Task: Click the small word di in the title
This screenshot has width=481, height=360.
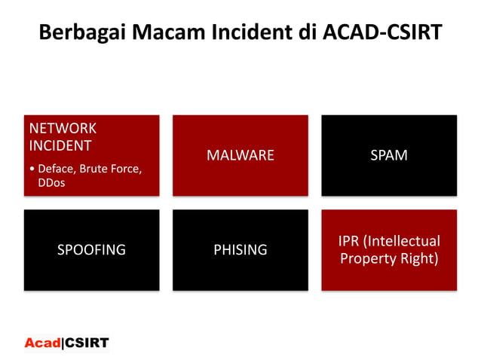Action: pyautogui.click(x=305, y=34)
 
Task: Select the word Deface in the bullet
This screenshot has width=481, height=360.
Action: pyautogui.click(x=55, y=169)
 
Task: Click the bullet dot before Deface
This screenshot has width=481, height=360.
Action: pyautogui.click(x=31, y=169)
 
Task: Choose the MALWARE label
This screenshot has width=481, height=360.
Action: pyautogui.click(x=240, y=156)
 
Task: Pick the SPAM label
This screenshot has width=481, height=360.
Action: pyautogui.click(x=389, y=156)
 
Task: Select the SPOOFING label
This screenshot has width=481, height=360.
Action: pyautogui.click(x=91, y=250)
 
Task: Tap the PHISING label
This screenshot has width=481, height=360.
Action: pyautogui.click(x=240, y=250)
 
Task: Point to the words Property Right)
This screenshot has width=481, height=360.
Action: pyautogui.click(x=389, y=259)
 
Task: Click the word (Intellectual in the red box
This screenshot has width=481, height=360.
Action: pyautogui.click(x=403, y=242)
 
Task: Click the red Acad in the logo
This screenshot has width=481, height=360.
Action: pyautogui.click(x=42, y=343)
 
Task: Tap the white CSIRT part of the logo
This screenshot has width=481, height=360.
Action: pyautogui.click(x=86, y=343)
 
